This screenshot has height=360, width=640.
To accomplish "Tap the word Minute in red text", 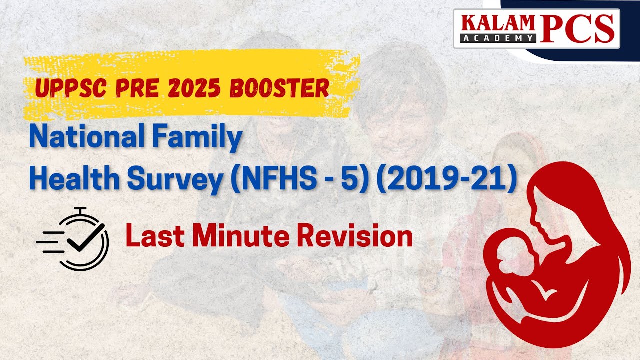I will pyautogui.click(x=241, y=236).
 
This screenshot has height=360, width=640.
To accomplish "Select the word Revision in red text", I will pyautogui.click(x=356, y=236).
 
